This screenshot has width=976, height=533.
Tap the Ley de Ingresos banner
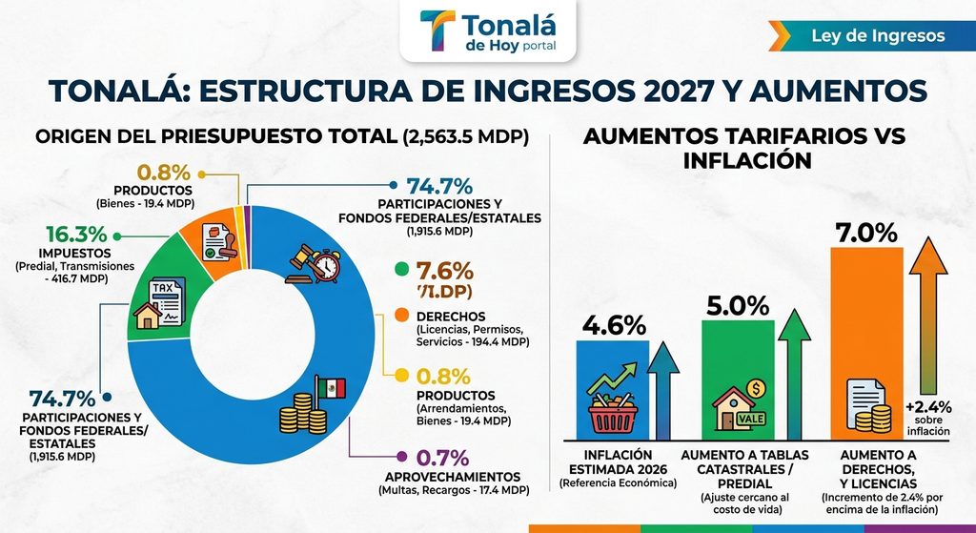coord(871,35)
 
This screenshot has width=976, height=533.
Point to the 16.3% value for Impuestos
coord(76,235)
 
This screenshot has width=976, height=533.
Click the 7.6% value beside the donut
coord(444,271)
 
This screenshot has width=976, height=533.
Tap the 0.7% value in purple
coord(442,458)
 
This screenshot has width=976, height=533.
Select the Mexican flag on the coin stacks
coord(331,388)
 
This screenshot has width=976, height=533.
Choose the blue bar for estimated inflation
coord(613,390)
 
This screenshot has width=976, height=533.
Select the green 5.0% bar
coord(738,380)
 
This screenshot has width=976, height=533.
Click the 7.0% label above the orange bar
coord(865,233)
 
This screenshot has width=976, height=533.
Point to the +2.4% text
coord(928,407)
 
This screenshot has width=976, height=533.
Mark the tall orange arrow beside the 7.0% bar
coord(928,316)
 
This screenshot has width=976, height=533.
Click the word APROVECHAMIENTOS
coord(453,477)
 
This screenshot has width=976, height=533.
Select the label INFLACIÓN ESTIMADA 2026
coord(618,462)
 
